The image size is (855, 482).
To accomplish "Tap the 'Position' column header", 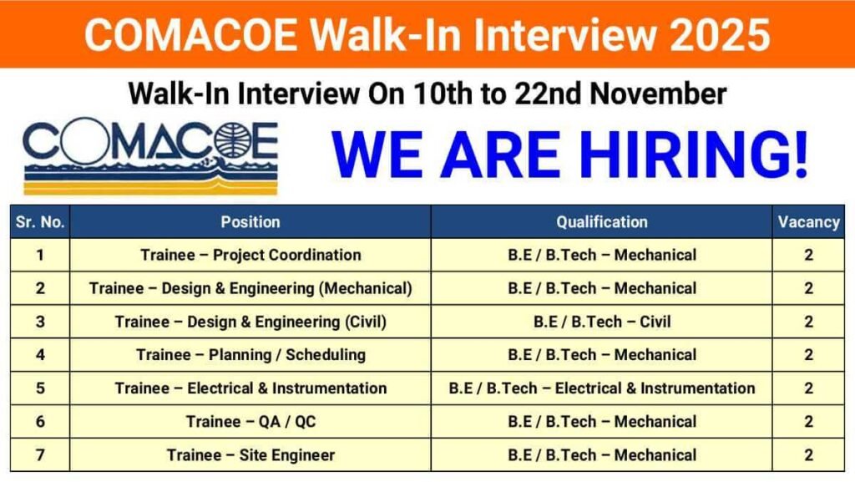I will click(250, 222).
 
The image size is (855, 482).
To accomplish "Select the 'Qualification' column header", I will click(602, 222).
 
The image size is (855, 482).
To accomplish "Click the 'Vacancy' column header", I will click(808, 222).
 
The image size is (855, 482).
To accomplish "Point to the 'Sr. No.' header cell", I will click(40, 222).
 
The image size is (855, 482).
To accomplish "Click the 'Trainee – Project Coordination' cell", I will click(250, 255).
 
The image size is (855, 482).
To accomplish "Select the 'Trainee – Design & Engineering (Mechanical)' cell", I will click(250, 288).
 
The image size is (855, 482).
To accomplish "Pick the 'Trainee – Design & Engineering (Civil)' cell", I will click(250, 322).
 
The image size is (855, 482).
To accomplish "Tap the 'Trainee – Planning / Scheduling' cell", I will click(250, 355).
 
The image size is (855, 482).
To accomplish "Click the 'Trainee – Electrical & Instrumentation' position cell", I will click(250, 388).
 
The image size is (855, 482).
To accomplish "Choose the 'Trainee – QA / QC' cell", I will click(250, 422).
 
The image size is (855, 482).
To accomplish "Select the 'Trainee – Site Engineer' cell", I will click(250, 455).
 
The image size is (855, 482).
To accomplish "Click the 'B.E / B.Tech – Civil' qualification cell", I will click(602, 322).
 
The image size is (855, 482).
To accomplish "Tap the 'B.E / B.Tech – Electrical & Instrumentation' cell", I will click(602, 388).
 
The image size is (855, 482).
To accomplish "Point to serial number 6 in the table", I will click(40, 422).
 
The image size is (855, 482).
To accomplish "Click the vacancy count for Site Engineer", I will click(808, 455).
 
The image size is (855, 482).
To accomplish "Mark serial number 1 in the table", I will click(40, 255).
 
